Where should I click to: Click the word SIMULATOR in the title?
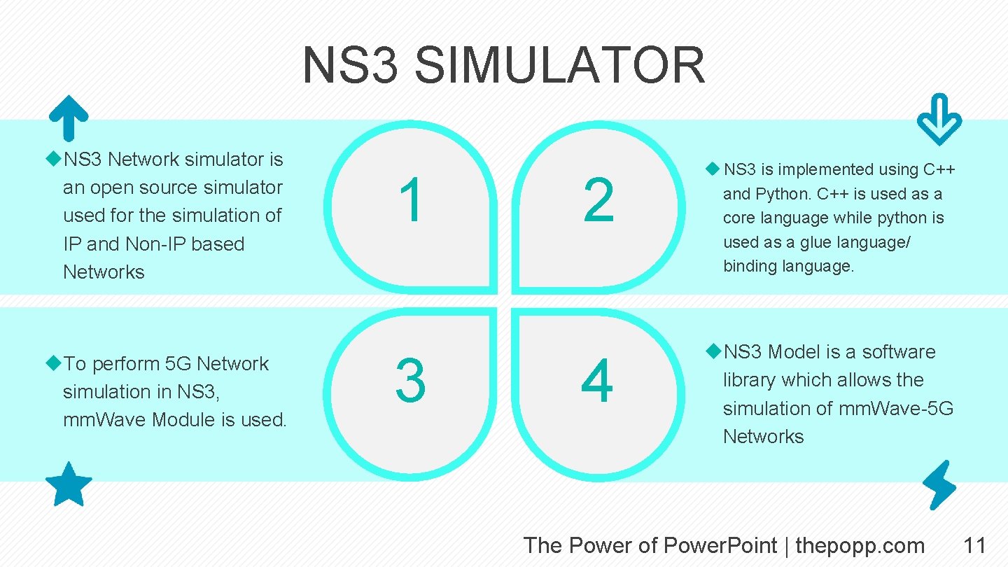click(x=559, y=65)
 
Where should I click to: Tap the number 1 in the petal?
click(x=412, y=201)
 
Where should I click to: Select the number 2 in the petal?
click(x=598, y=201)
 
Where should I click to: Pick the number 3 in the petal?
click(x=411, y=381)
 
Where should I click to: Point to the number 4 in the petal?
click(x=597, y=381)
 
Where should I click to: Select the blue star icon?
click(x=69, y=484)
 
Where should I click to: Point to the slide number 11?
click(x=974, y=545)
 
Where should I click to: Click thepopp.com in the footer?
click(x=860, y=545)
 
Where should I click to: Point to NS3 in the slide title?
click(x=350, y=65)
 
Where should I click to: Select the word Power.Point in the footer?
click(x=720, y=545)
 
